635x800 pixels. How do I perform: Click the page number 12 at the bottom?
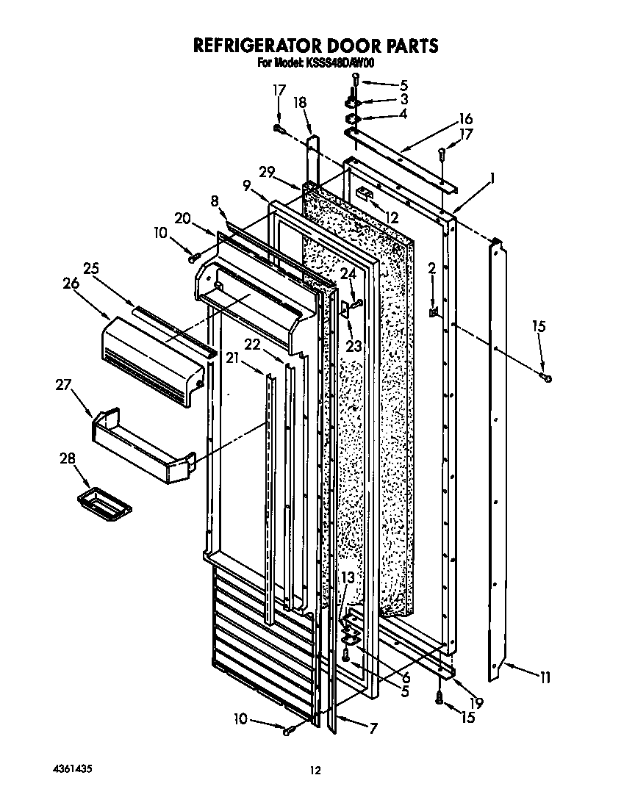[315, 770]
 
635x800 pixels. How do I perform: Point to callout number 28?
[68, 458]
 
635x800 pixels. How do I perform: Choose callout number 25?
[90, 268]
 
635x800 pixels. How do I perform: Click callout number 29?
[266, 172]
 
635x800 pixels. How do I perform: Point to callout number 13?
[348, 577]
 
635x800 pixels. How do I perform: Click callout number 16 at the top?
[464, 119]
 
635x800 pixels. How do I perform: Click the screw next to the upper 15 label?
[548, 378]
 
